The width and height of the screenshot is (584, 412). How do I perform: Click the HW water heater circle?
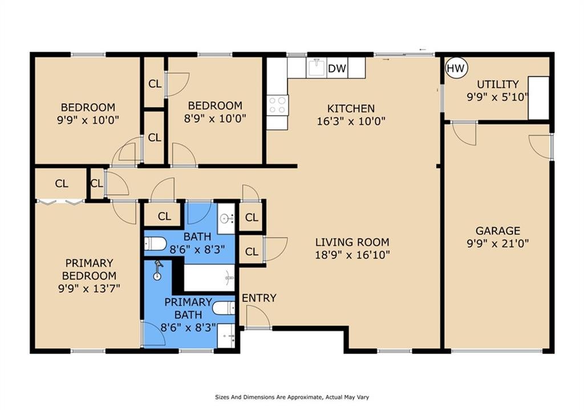pos(456,68)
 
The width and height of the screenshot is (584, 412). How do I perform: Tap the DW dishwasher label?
pos(337,68)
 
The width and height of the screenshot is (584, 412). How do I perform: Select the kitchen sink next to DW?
pos(317,67)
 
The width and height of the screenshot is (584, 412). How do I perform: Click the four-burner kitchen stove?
pos(278,105)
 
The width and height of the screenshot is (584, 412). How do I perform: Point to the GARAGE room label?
pos(497,231)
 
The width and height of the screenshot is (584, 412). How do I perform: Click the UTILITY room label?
pos(497,84)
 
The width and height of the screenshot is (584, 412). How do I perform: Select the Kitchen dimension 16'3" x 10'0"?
pos(351,121)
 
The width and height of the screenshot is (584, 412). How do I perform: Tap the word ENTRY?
pos(259,297)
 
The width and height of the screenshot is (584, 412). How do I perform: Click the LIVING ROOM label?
pos(352,242)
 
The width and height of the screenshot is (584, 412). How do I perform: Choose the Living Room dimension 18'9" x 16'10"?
pos(352,255)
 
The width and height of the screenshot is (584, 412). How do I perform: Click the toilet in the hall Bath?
pos(155,244)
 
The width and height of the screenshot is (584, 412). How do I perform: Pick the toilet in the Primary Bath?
pos(224,308)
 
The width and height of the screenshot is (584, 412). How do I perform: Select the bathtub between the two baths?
pos(209,278)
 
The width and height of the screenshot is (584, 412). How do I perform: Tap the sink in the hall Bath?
pos(226,218)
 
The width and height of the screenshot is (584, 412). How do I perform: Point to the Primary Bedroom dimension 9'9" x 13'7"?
pos(89,288)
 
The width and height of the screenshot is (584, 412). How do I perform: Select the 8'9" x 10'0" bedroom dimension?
pos(215,119)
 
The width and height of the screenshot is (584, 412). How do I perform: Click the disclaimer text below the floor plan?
pos(292,397)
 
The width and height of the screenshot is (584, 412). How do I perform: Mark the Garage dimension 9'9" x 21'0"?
pos(497,244)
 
